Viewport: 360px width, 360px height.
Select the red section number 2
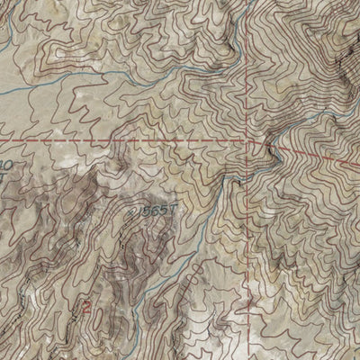pos(86,306)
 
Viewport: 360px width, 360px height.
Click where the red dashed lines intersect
pos(245,142)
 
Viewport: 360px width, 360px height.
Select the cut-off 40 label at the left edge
pos(4,166)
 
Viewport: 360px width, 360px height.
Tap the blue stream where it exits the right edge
pos(356,115)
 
